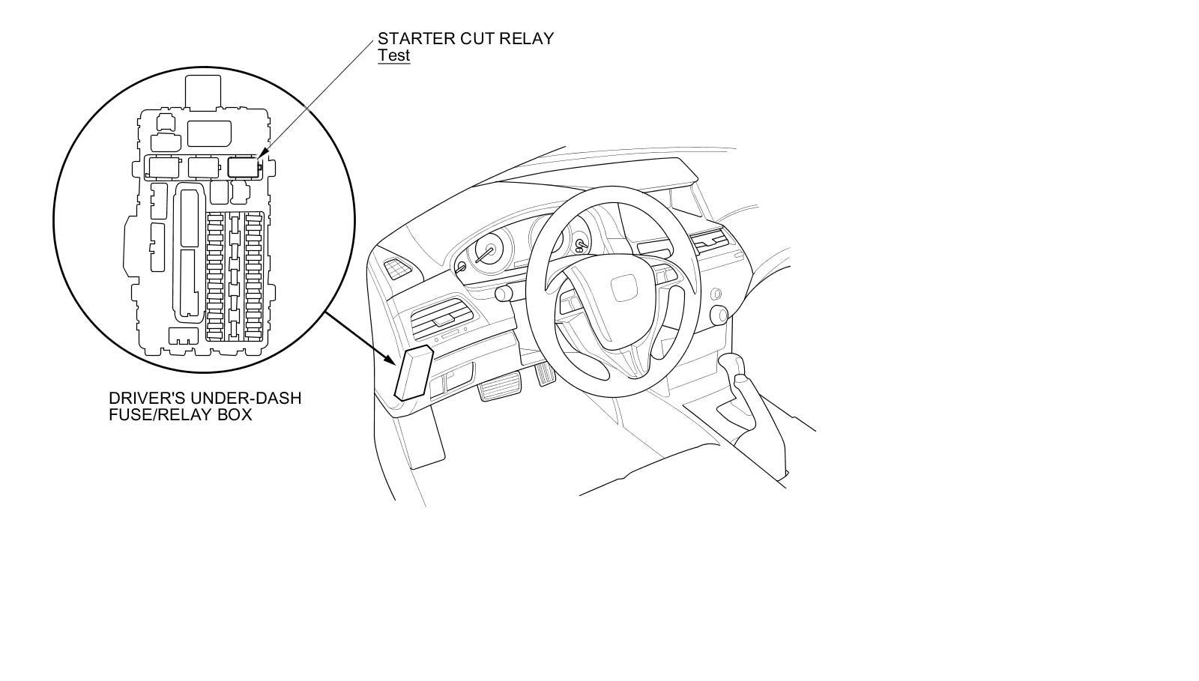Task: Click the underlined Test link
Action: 393,55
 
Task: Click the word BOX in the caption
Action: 235,414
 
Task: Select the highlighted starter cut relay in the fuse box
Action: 242,166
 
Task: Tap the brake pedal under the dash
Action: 495,390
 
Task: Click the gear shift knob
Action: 734,367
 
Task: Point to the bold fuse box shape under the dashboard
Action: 412,372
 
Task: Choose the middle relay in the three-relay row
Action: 203,166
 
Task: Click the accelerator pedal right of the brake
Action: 543,374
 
